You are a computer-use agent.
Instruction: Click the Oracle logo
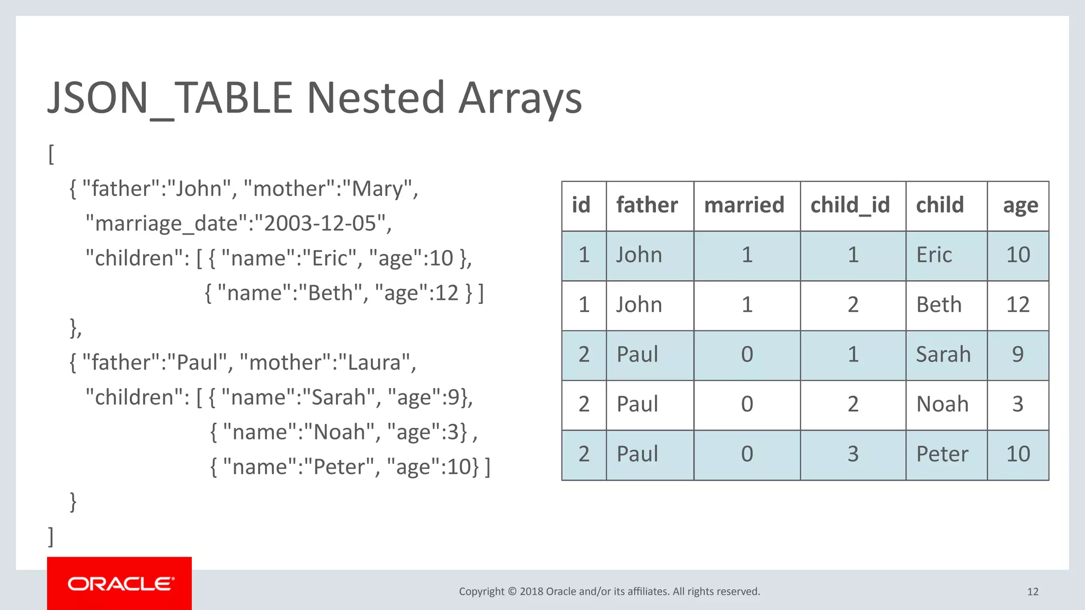click(120, 584)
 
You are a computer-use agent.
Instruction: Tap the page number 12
click(1033, 591)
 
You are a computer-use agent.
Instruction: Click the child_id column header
click(850, 205)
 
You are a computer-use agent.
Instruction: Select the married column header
click(744, 205)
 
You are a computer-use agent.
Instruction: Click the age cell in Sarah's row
click(1017, 355)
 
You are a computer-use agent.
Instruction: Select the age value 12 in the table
click(1017, 305)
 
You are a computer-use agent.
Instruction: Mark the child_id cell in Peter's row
click(852, 454)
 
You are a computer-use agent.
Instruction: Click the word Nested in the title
click(376, 98)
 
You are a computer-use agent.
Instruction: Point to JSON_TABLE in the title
click(170, 98)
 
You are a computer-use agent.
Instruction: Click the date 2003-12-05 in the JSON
click(320, 223)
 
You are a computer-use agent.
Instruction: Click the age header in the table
click(1020, 205)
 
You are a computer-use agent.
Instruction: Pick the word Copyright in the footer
click(482, 591)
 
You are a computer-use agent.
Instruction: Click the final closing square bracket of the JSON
click(51, 536)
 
